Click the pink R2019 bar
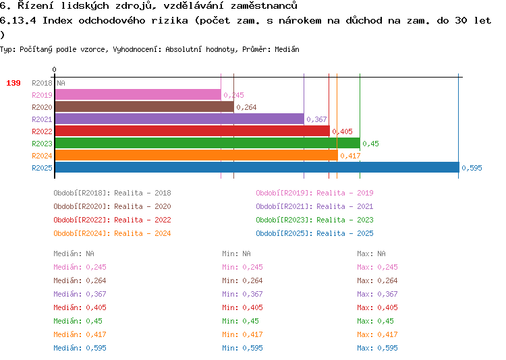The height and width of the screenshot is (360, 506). (138, 94)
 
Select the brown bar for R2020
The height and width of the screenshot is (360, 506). (144, 107)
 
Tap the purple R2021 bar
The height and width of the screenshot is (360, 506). (179, 119)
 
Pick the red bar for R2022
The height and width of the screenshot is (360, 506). (192, 131)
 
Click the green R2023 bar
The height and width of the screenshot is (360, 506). (208, 143)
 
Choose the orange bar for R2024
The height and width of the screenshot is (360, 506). (196, 155)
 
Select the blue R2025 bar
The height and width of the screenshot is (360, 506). (257, 167)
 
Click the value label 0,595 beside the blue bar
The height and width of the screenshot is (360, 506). (472, 168)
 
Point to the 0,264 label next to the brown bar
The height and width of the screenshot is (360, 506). (246, 107)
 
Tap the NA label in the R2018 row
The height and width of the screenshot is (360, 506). (61, 83)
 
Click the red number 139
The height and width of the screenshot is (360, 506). (13, 83)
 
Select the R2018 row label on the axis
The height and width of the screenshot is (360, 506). (42, 83)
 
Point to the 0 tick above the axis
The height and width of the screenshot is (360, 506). (54, 69)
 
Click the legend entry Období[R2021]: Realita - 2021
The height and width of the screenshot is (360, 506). (314, 206)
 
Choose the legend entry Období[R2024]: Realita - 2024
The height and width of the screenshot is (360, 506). (112, 233)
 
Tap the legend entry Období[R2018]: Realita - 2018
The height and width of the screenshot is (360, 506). (112, 193)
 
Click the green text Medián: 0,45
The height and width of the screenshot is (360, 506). (78, 321)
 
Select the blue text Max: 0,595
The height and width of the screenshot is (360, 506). (377, 348)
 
